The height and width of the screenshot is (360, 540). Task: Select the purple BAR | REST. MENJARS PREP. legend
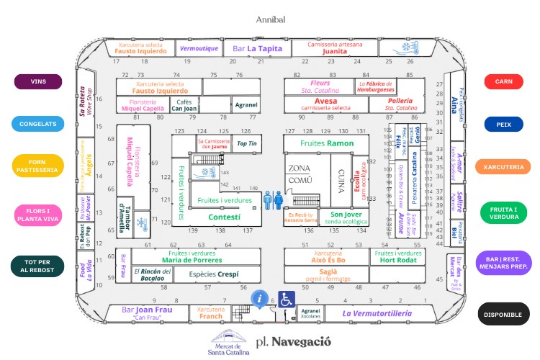[x=503, y=263]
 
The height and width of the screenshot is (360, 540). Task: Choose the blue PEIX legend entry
[x=503, y=125]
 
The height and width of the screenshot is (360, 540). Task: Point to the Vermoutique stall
[x=198, y=49]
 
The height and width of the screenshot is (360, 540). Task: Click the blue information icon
[x=260, y=297]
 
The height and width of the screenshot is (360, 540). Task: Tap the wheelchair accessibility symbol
[x=287, y=300]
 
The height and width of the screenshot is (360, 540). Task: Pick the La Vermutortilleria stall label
[x=377, y=313]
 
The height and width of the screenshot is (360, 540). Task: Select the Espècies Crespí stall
[x=213, y=274]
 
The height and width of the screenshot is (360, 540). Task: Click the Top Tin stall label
[x=247, y=144]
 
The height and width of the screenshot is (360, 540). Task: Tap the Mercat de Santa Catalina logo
[x=228, y=338]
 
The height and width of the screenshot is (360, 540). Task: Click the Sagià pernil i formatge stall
[x=328, y=274]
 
